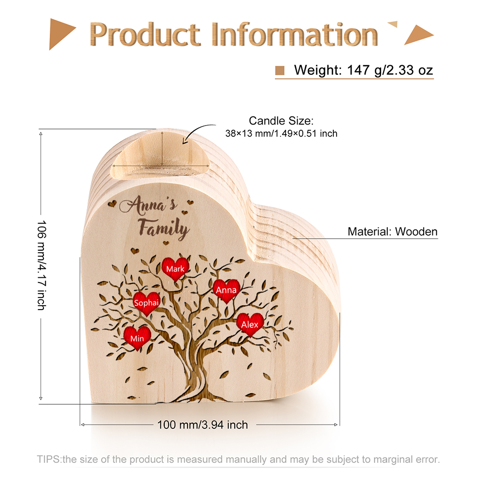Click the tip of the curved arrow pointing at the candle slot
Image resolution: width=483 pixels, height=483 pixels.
click(x=183, y=143)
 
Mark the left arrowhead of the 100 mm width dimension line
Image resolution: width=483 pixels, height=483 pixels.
click(x=82, y=425)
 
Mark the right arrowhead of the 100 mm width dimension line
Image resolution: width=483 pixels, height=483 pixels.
click(x=337, y=425)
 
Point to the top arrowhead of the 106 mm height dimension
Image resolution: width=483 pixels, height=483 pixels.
click(x=41, y=133)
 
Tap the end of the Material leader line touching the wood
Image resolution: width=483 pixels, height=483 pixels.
click(x=293, y=239)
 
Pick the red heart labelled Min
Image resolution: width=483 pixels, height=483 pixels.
click(x=137, y=338)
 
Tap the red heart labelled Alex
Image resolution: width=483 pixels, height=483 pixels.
click(x=250, y=325)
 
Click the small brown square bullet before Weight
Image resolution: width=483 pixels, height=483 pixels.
click(x=280, y=71)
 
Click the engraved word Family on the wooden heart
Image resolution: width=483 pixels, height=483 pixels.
click(x=164, y=228)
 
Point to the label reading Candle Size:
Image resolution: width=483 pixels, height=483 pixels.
click(x=281, y=121)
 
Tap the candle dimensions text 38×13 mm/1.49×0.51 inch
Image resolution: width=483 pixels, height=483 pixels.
click(x=281, y=133)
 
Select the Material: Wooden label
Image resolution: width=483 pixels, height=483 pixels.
click(x=392, y=232)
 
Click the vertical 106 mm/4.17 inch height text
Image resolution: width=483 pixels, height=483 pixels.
click(x=42, y=265)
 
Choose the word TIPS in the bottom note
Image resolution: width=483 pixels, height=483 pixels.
click(x=49, y=459)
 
